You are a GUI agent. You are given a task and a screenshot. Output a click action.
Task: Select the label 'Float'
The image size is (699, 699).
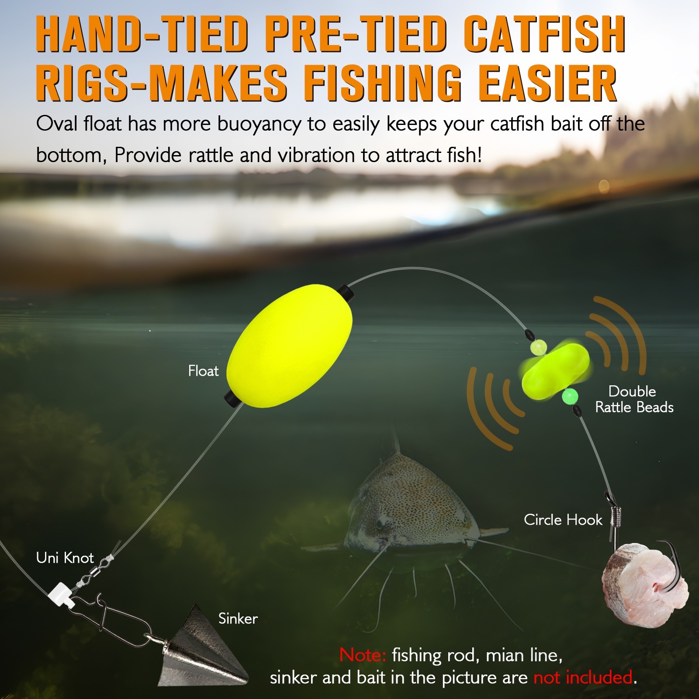(203, 371)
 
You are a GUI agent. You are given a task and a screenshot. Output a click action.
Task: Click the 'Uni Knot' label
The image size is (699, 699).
(65, 557)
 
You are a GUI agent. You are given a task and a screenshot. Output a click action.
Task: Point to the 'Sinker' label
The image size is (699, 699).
(238, 618)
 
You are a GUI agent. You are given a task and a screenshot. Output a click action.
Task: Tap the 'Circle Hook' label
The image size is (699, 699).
(563, 519)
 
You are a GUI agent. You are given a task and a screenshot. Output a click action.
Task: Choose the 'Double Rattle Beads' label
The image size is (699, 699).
(634, 399)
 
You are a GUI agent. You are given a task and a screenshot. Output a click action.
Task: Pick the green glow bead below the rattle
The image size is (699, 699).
(570, 397)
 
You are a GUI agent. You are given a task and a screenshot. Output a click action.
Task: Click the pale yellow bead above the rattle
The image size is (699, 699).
(538, 347)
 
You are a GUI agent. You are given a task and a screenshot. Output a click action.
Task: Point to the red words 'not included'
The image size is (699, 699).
(583, 677)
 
